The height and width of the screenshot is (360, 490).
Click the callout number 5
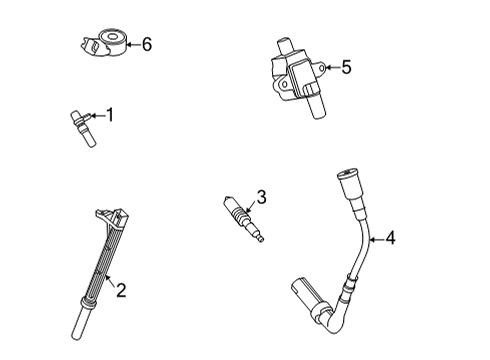point(346,67)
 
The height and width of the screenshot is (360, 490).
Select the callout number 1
point(110,116)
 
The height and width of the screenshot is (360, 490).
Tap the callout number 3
point(260,198)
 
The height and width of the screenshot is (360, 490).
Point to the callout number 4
point(391,238)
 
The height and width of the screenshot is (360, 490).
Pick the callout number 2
point(120,291)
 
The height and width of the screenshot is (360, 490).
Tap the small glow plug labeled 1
point(81,131)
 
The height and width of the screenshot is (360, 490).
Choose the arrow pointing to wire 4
point(374,238)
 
